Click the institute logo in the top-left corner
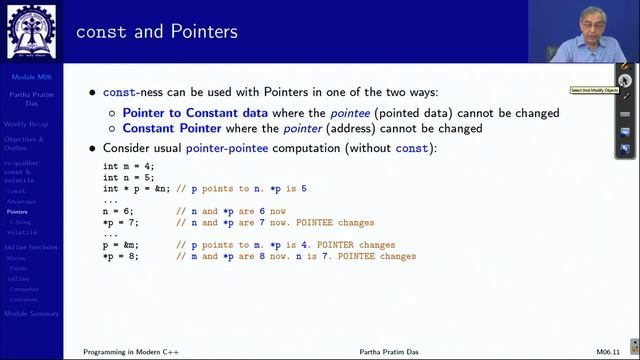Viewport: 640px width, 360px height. [31, 30]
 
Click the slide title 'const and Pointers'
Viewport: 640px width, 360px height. [156, 32]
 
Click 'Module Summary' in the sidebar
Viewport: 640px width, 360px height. [32, 314]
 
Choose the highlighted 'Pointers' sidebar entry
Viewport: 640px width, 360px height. [17, 212]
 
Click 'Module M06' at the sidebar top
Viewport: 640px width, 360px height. [31, 77]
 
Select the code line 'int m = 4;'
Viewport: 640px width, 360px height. [128, 166]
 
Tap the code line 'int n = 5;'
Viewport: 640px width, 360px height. [128, 176]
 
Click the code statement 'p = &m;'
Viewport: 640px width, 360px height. [121, 245]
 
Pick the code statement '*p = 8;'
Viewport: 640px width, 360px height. [121, 256]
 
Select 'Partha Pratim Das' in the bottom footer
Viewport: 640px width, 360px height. [391, 353]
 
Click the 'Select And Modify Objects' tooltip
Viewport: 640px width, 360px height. [594, 90]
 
